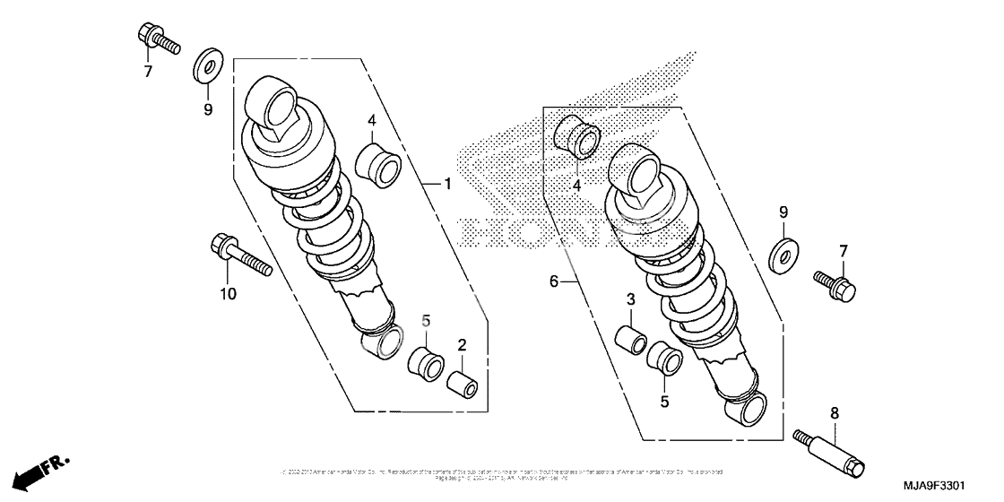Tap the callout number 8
click(x=834, y=413)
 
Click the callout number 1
click(x=446, y=185)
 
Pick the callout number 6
click(x=554, y=281)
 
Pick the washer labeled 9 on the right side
click(x=784, y=254)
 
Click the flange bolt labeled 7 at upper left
click(x=157, y=39)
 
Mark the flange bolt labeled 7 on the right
click(x=837, y=285)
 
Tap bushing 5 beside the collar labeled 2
click(x=425, y=359)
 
